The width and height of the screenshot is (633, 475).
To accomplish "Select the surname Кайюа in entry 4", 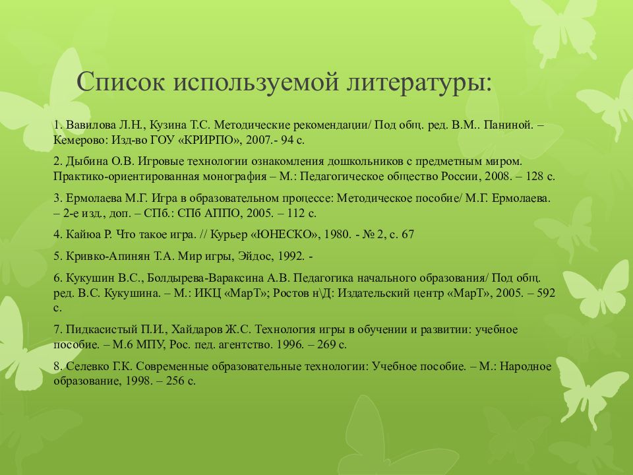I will (x=83, y=234).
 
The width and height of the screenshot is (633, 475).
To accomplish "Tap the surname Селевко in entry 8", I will (x=86, y=365).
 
